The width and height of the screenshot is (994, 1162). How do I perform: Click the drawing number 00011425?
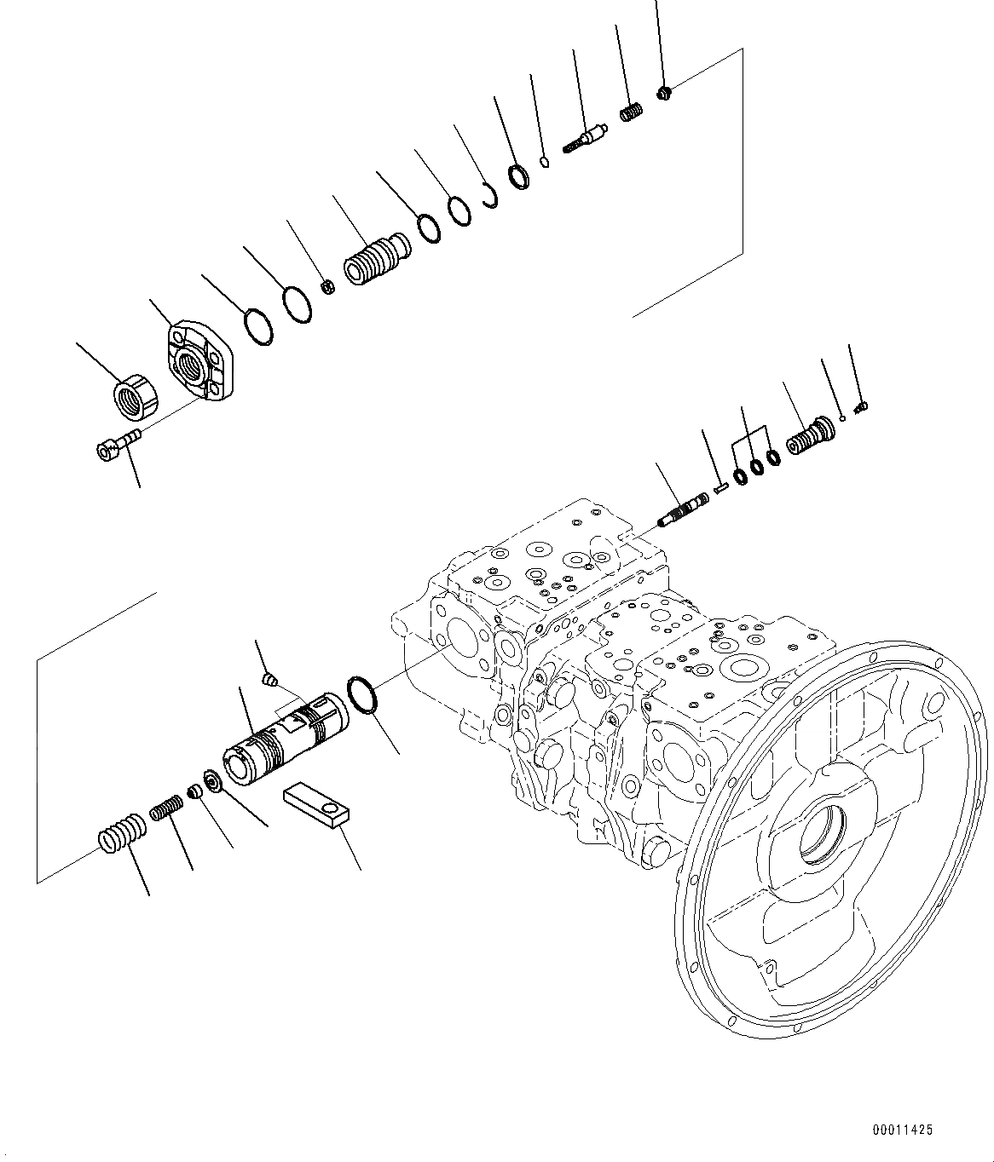tap(902, 1130)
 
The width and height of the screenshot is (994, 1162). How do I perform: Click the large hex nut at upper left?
tap(137, 399)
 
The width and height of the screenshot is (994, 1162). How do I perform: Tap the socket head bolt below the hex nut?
tap(116, 444)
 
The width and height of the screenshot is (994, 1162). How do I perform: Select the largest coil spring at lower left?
tap(120, 833)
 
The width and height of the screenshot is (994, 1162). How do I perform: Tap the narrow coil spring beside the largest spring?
tap(167, 808)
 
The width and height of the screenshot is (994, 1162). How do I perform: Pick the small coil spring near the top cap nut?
tap(630, 112)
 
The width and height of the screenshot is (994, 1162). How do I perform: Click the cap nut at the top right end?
tap(665, 92)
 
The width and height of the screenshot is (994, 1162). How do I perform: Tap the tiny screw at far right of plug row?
tap(860, 406)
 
